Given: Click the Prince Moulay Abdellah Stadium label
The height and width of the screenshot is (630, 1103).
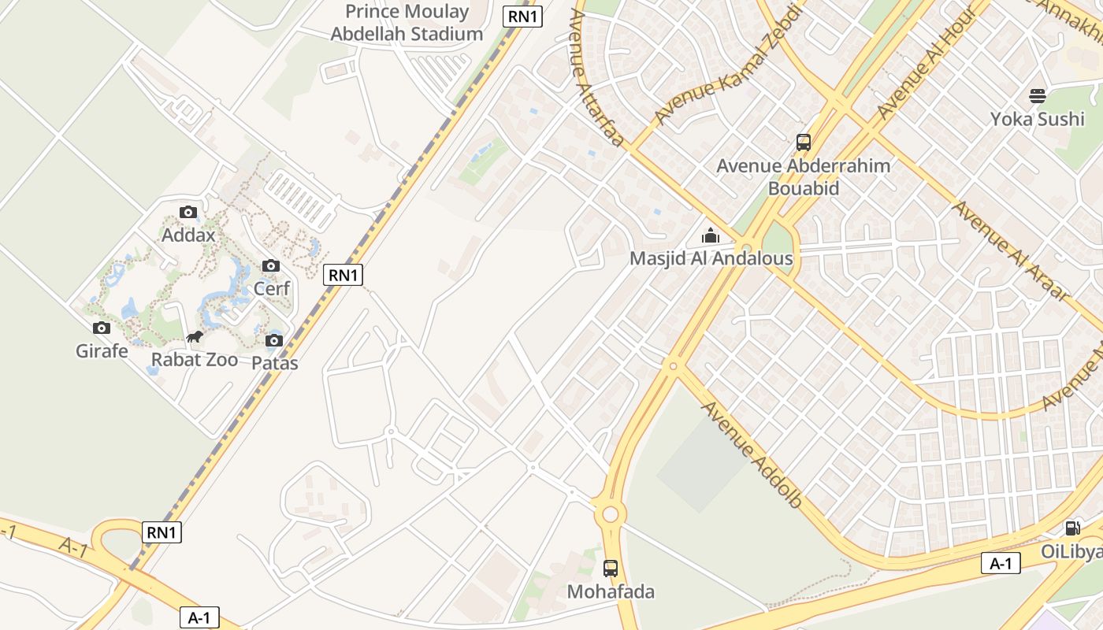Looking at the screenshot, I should click(x=407, y=23).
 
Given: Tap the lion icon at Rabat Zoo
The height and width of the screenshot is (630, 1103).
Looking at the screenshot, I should click(x=195, y=338).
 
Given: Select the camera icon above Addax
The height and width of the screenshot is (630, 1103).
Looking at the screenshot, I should click(x=188, y=212).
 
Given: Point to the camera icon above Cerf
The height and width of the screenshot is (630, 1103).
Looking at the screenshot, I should click(x=271, y=265).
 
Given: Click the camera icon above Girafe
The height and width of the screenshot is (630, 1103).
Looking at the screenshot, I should click(x=102, y=328).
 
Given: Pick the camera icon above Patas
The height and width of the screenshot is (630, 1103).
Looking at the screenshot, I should click(x=274, y=340).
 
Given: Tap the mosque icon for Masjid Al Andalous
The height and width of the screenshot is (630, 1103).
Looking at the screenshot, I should click(x=711, y=235).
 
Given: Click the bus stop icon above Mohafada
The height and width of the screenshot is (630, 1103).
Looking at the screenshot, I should click(x=611, y=568).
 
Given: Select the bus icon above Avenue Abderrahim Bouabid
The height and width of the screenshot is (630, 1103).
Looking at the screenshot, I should click(x=804, y=143).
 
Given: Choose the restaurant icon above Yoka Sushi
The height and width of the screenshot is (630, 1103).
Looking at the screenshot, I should click(x=1038, y=96).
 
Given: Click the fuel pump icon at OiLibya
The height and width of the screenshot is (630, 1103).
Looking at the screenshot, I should click(x=1072, y=528).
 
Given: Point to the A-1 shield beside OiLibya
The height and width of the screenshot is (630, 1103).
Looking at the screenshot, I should click(x=1001, y=563).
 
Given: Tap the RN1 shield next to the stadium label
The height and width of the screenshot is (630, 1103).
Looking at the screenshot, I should click(x=523, y=16).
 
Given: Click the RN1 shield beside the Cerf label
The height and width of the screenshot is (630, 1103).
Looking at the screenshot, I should click(x=343, y=275).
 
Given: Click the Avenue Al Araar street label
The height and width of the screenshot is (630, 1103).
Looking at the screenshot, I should click(x=1010, y=251).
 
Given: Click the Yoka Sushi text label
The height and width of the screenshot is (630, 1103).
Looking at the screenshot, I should click(x=1037, y=119).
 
